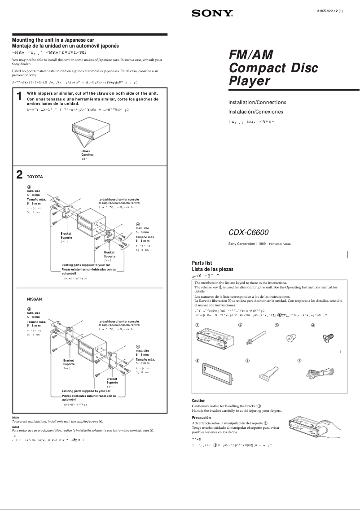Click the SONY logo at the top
212,14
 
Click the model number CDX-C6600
249,232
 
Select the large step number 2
19,174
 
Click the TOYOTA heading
35,177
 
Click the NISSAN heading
35,298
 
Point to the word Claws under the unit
85,151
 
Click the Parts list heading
202,263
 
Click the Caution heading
198,401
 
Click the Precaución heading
201,418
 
